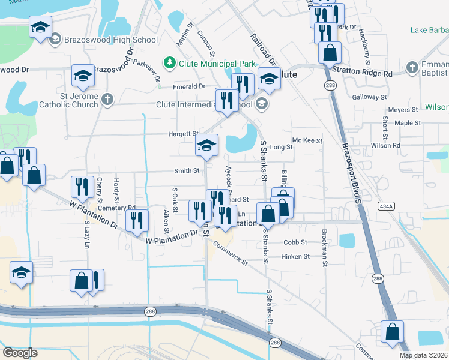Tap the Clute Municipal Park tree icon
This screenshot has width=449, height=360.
[170, 62]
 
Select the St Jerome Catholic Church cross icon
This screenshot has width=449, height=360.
[107, 100]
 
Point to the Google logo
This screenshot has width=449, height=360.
[20, 352]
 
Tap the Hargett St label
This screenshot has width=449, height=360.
[187, 134]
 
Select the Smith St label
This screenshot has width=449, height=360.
[187, 171]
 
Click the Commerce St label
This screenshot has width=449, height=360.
[230, 254]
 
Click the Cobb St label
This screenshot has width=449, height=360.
[295, 242]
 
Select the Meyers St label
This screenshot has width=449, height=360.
[402, 110]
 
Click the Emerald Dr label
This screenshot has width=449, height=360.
[189, 86]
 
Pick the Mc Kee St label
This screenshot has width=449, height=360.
[307, 141]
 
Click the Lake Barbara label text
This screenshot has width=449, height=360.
[429, 30]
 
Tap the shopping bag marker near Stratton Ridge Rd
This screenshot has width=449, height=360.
[330, 54]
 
